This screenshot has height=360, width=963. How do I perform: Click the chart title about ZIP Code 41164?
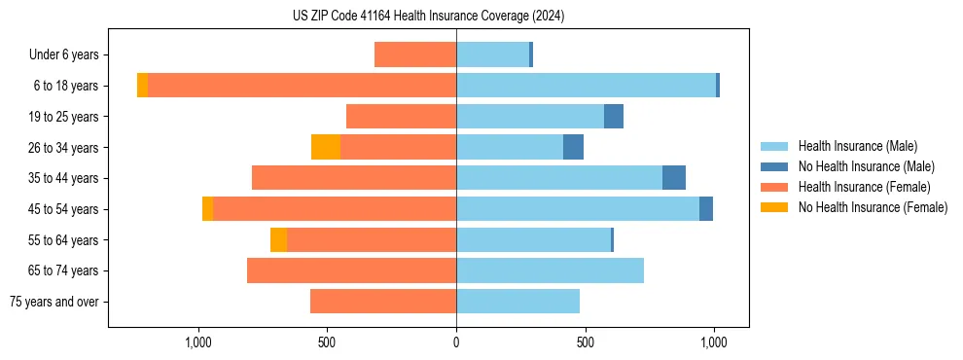[x=428, y=16]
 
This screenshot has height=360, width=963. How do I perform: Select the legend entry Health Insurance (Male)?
[x=856, y=146]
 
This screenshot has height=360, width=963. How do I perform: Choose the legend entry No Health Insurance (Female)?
[x=873, y=207]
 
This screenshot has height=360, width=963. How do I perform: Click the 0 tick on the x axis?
[x=456, y=342]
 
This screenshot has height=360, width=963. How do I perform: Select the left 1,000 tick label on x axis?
[x=198, y=342]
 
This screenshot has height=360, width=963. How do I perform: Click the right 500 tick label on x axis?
[x=585, y=342]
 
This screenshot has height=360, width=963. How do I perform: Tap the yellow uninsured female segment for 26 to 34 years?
[x=325, y=147]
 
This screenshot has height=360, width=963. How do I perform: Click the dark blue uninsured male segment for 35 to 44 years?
[x=673, y=178]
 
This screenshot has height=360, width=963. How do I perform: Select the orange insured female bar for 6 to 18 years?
[x=302, y=86]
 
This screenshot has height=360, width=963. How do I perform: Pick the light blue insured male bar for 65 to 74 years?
[x=550, y=270]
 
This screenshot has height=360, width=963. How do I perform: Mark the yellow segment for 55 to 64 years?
[x=278, y=239]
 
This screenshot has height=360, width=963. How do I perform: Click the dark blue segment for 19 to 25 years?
[x=613, y=117]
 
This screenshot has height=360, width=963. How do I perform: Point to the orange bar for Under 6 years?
[x=415, y=55]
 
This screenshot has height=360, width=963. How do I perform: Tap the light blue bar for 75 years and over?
[x=517, y=302]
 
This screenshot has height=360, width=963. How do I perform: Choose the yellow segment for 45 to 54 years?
[x=207, y=209]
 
